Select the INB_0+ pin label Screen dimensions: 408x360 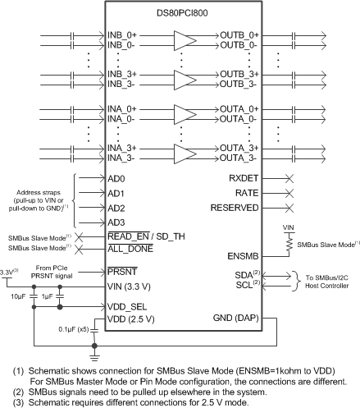(123, 36)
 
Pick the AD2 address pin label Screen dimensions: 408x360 (116, 208)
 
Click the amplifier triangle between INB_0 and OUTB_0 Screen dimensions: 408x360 (185, 41)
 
